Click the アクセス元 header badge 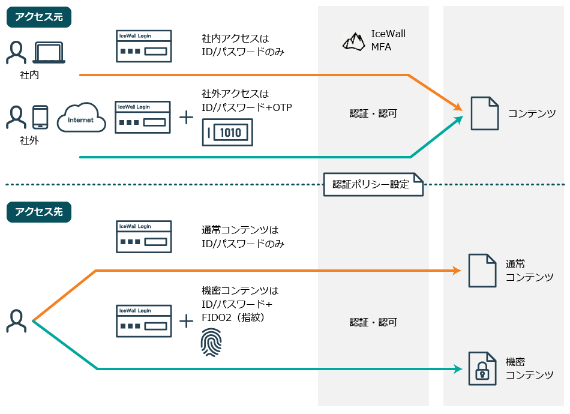click(39, 17)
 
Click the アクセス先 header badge click(39, 211)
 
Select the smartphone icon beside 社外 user click(40, 117)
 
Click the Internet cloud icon click(81, 119)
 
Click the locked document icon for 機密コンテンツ click(482, 369)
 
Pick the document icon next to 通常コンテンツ click(482, 271)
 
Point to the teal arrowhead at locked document click(457, 369)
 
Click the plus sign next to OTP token click(187, 117)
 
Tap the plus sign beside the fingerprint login click(187, 321)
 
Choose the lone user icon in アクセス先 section click(16, 321)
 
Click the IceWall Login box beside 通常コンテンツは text click(143, 236)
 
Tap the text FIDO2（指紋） click(234, 317)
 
